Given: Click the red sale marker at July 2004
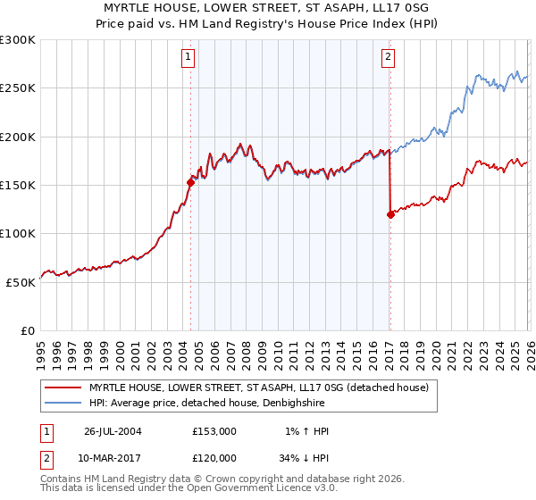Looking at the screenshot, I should (190, 182).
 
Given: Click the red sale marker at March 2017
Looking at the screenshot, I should (390, 214).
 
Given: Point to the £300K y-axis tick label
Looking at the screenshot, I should (18, 40).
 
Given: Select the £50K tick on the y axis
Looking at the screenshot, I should (21, 282).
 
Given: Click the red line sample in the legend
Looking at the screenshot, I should (63, 387).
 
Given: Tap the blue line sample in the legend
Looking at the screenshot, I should (63, 404).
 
